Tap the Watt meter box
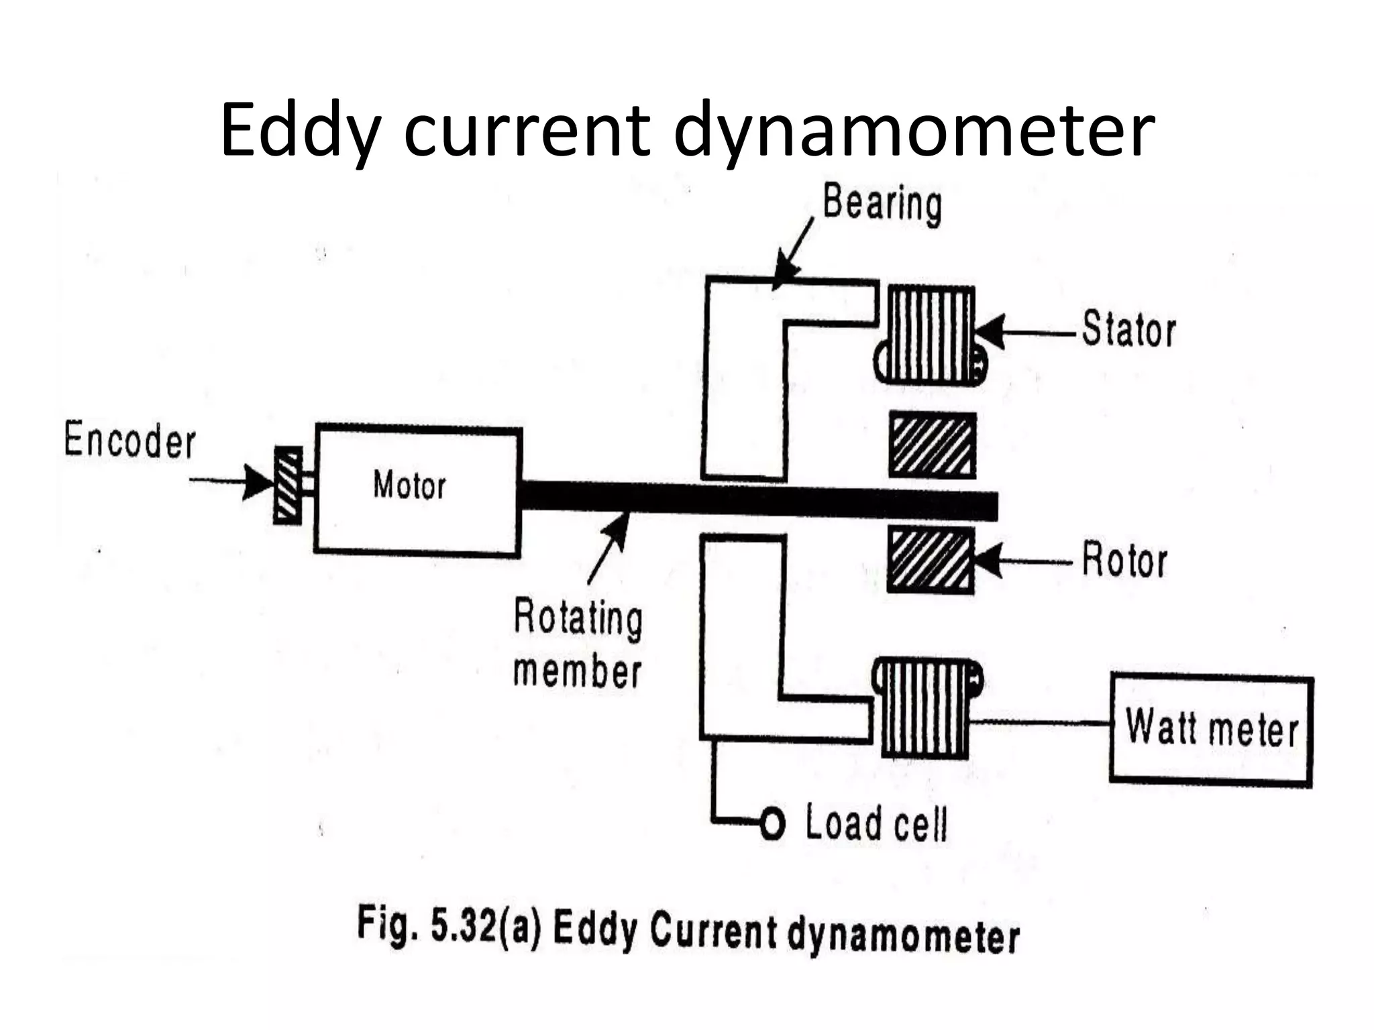point(1211,729)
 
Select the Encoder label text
point(129,441)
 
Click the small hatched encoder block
point(287,485)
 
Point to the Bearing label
point(882,203)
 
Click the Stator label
point(1128,330)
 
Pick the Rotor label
point(1124,561)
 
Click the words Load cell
point(876,823)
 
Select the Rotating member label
point(578,644)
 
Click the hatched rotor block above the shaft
point(932,445)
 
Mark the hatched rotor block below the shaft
point(931,559)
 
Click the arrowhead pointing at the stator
point(990,332)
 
